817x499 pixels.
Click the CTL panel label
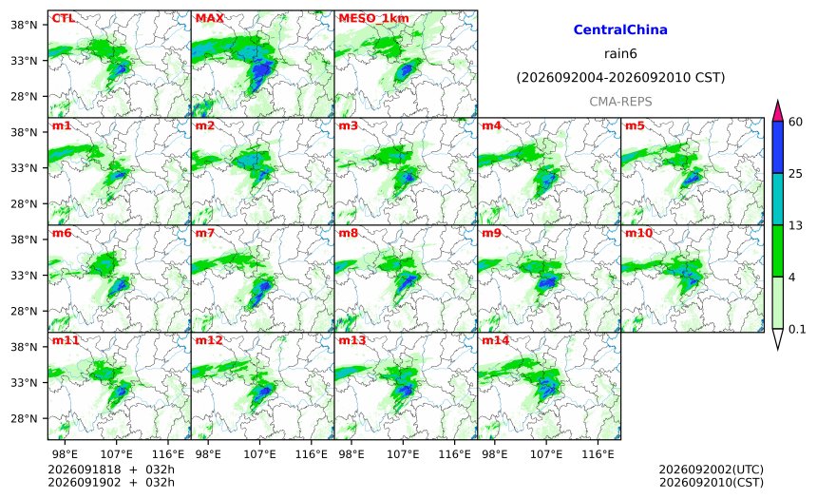tap(63, 18)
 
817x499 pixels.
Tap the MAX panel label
tap(209, 18)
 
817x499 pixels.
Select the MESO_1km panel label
tap(373, 19)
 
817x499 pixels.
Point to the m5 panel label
tap(635, 125)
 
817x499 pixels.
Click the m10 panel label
tap(638, 233)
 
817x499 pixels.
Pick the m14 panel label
tap(496, 340)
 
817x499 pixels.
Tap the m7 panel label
tap(205, 233)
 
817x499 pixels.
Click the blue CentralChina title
tap(620, 29)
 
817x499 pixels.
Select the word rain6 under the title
tap(620, 54)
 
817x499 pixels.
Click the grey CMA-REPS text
tap(620, 102)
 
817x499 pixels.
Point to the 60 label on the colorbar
tap(796, 122)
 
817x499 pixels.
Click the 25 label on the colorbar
tap(796, 174)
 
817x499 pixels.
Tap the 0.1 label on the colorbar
tap(797, 329)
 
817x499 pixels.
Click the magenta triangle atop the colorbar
tap(778, 111)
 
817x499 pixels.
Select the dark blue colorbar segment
tap(778, 147)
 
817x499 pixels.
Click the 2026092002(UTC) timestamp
tap(712, 470)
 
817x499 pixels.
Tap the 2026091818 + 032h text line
tap(111, 470)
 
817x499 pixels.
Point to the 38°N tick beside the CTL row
tap(24, 25)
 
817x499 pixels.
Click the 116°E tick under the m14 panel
tap(598, 454)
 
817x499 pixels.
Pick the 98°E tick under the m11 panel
tap(65, 454)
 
